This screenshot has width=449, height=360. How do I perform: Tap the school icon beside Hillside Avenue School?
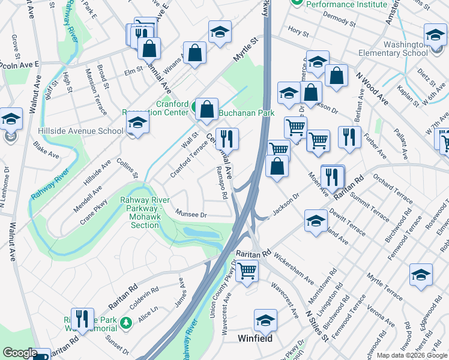click(x=137, y=124)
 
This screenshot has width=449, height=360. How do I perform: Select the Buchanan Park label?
click(x=246, y=113)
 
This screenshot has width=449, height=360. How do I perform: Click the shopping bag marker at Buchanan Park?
click(x=206, y=109)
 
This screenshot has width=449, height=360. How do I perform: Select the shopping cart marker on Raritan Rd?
click(x=247, y=271)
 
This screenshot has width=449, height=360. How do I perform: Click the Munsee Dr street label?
click(x=191, y=213)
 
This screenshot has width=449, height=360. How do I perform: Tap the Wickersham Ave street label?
click(x=294, y=271)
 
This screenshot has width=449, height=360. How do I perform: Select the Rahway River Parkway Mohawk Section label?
click(x=145, y=212)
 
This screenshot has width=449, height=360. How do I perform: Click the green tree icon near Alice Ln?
click(x=126, y=323)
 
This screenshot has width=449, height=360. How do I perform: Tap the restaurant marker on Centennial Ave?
click(x=228, y=139)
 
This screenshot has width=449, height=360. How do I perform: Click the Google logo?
click(x=20, y=353)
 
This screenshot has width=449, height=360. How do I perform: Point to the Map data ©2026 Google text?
click(x=412, y=355)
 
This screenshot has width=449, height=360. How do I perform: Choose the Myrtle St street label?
click(x=244, y=50)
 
